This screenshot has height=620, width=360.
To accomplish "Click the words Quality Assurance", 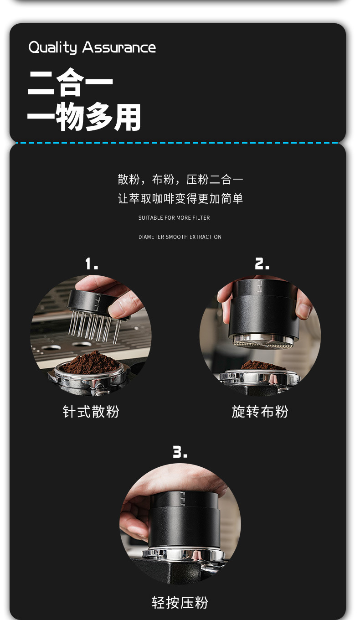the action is (92, 47).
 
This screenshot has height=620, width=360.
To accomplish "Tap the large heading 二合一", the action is (70, 83).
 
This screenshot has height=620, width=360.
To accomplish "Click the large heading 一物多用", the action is (84, 117).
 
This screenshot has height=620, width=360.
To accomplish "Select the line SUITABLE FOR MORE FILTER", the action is (174, 218).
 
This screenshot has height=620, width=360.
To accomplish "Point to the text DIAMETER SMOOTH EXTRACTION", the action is (180, 237).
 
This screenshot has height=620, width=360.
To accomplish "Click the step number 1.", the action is (92, 263).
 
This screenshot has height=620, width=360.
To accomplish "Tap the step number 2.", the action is (262, 263).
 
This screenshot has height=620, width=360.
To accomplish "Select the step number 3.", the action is (180, 452).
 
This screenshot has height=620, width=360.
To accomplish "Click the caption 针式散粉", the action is (91, 412).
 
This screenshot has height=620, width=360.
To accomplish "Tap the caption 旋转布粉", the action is (260, 412).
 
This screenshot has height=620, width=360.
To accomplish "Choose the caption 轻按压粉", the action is (180, 602).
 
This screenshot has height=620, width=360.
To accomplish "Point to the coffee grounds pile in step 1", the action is (90, 363).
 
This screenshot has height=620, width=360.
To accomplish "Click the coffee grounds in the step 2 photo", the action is (263, 365).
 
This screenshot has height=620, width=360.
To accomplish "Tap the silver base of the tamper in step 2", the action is (263, 341).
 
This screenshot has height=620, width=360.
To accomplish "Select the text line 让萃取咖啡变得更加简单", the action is (180, 198).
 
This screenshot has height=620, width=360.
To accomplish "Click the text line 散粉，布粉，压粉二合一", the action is (180, 179).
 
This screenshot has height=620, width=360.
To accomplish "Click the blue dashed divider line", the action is (177, 143).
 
